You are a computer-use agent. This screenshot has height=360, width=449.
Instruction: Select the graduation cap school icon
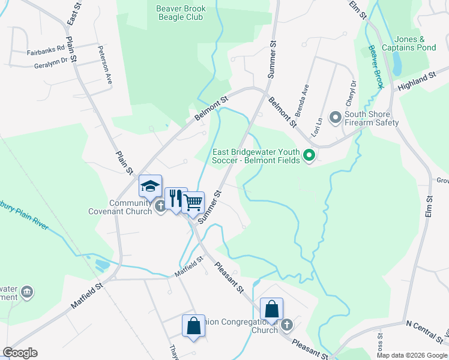[x=150, y=185]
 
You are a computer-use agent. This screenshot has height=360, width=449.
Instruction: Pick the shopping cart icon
[x=193, y=203]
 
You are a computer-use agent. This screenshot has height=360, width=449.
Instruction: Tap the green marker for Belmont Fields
[x=310, y=157]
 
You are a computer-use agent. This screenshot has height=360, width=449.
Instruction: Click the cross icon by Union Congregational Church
[x=287, y=325]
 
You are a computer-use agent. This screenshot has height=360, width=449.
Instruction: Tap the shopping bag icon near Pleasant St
[x=272, y=310]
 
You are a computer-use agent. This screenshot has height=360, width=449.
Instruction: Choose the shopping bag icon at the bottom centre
[x=194, y=326]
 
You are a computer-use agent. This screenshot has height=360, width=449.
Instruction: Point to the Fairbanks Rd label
[x=45, y=53]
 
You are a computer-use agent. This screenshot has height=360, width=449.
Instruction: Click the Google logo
[x=20, y=353]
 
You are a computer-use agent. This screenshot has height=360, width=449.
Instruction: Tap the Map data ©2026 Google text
[x=412, y=355]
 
